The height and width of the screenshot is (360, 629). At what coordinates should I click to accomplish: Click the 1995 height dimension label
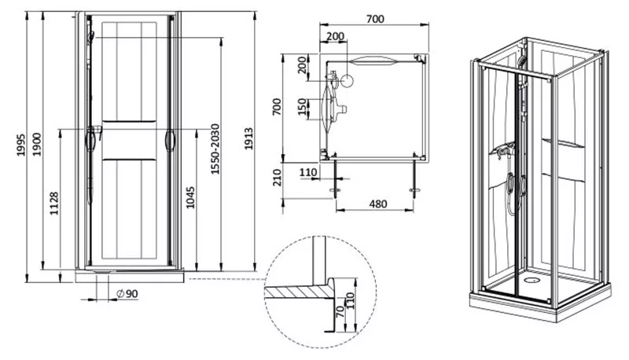(20, 145)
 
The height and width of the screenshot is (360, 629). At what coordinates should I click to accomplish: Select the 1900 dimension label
(36, 145)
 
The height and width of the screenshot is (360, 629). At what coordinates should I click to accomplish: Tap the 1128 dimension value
(54, 204)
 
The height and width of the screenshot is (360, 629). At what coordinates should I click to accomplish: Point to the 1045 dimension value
(190, 197)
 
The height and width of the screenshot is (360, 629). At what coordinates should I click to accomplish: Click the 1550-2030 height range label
(215, 149)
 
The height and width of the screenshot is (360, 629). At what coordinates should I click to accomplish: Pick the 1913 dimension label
(248, 138)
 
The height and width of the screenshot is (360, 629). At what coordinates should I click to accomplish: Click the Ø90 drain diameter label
(127, 294)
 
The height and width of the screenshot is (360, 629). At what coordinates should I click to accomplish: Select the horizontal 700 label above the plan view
(375, 19)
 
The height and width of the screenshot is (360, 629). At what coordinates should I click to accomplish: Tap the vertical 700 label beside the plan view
(277, 107)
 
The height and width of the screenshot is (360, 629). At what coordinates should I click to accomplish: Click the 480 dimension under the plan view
(378, 204)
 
